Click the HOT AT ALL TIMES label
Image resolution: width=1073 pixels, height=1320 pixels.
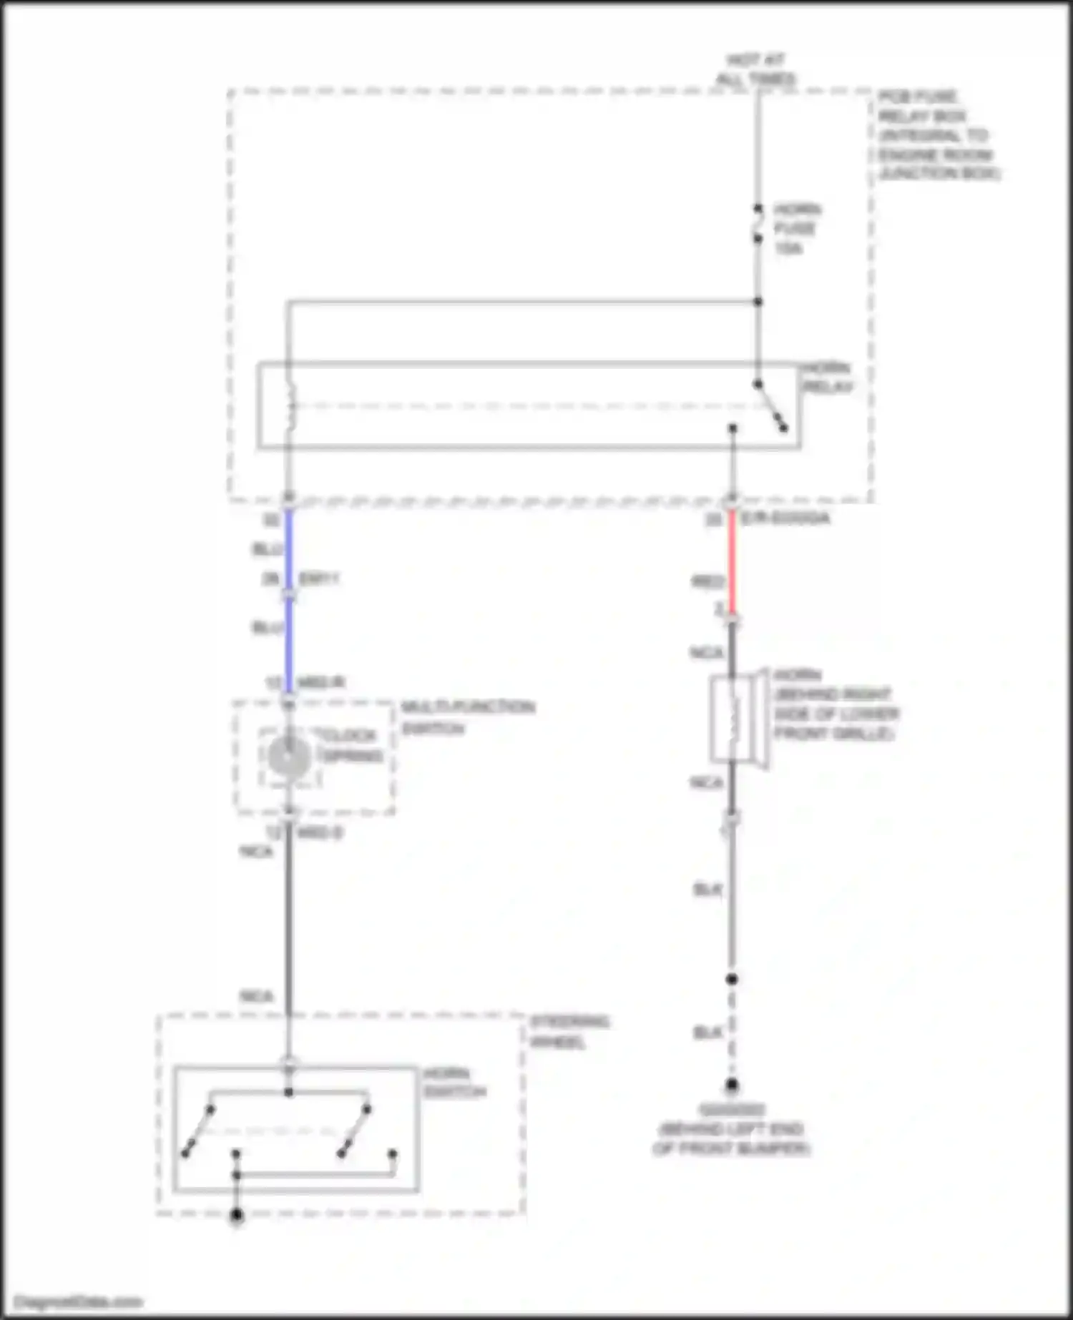[x=756, y=69]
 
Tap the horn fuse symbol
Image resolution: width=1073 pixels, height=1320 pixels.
[x=758, y=223]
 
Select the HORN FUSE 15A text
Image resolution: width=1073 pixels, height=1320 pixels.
[x=795, y=229]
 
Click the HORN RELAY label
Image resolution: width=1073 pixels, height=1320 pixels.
[x=827, y=377]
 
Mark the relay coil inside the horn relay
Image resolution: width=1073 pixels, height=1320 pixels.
[x=290, y=405]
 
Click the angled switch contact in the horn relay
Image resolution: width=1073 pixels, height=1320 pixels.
[x=770, y=406]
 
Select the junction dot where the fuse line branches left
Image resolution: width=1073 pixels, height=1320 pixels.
[x=758, y=302]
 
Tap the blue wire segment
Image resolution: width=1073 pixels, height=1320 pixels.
[x=289, y=601]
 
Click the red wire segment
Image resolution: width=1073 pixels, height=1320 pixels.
[x=732, y=561]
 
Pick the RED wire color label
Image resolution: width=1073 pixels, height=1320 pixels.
[x=707, y=582]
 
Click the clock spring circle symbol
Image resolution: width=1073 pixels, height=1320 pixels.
[x=289, y=757]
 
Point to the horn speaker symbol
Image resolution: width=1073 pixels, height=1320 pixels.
[x=737, y=719]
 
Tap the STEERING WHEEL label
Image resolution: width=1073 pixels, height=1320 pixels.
[x=569, y=1031]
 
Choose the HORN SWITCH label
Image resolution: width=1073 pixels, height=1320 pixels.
[x=454, y=1083]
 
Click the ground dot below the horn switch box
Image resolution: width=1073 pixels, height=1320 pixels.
[x=237, y=1215]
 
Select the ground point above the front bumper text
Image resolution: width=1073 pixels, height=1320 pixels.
[x=731, y=1085]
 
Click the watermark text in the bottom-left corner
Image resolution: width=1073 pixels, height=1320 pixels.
[x=79, y=1302]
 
